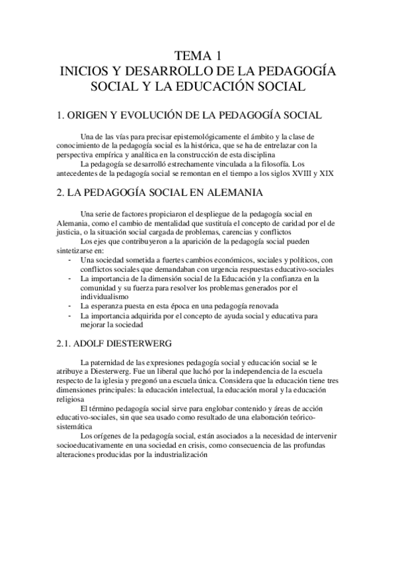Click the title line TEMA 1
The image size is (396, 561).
[198, 56]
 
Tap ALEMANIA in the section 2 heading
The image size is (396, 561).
[231, 193]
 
